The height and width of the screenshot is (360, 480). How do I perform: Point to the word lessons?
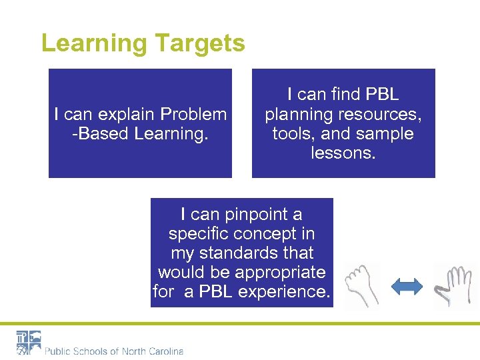(343, 153)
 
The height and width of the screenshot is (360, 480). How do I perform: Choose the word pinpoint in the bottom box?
(254, 215)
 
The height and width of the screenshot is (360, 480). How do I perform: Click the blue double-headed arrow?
(406, 287)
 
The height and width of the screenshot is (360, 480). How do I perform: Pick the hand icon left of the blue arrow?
(362, 286)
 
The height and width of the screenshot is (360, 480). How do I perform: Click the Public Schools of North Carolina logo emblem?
(29, 343)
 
